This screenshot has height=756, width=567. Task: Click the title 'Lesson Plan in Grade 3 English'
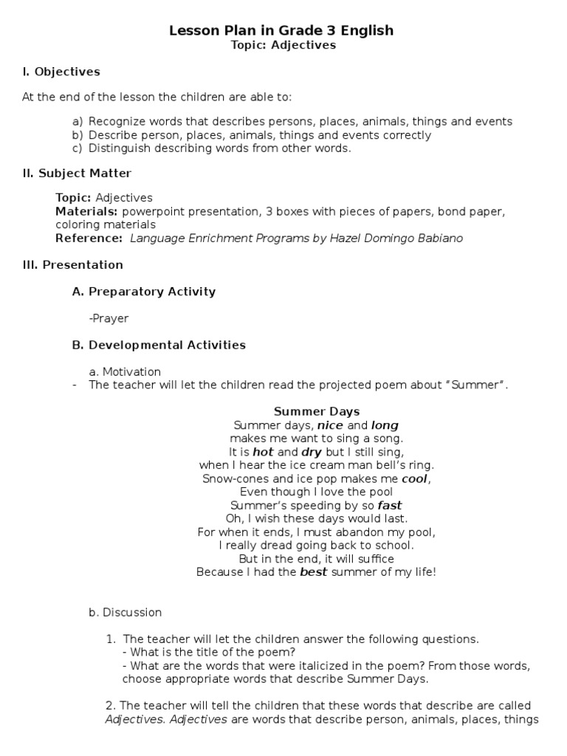pyautogui.click(x=281, y=30)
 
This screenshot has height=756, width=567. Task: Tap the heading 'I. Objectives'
pyautogui.click(x=61, y=72)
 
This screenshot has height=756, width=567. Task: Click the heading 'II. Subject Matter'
pyautogui.click(x=77, y=173)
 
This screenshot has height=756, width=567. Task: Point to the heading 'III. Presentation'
pyautogui.click(x=72, y=264)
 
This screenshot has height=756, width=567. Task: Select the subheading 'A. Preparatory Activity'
pyautogui.click(x=144, y=291)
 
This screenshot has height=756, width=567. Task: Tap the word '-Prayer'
pyautogui.click(x=109, y=318)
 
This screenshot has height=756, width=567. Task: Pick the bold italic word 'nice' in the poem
pyautogui.click(x=330, y=425)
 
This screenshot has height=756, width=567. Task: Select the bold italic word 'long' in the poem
pyautogui.click(x=385, y=425)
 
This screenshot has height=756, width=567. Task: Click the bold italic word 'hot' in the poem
pyautogui.click(x=263, y=452)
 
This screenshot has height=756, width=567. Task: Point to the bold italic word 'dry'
pyautogui.click(x=312, y=452)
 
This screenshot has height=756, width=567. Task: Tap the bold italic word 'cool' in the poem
pyautogui.click(x=414, y=478)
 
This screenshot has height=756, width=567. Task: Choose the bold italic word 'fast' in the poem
pyautogui.click(x=390, y=505)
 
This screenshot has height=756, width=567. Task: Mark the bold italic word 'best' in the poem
pyautogui.click(x=313, y=571)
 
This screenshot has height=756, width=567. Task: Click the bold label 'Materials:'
pyautogui.click(x=82, y=211)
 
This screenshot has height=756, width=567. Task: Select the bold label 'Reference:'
pyautogui.click(x=89, y=238)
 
